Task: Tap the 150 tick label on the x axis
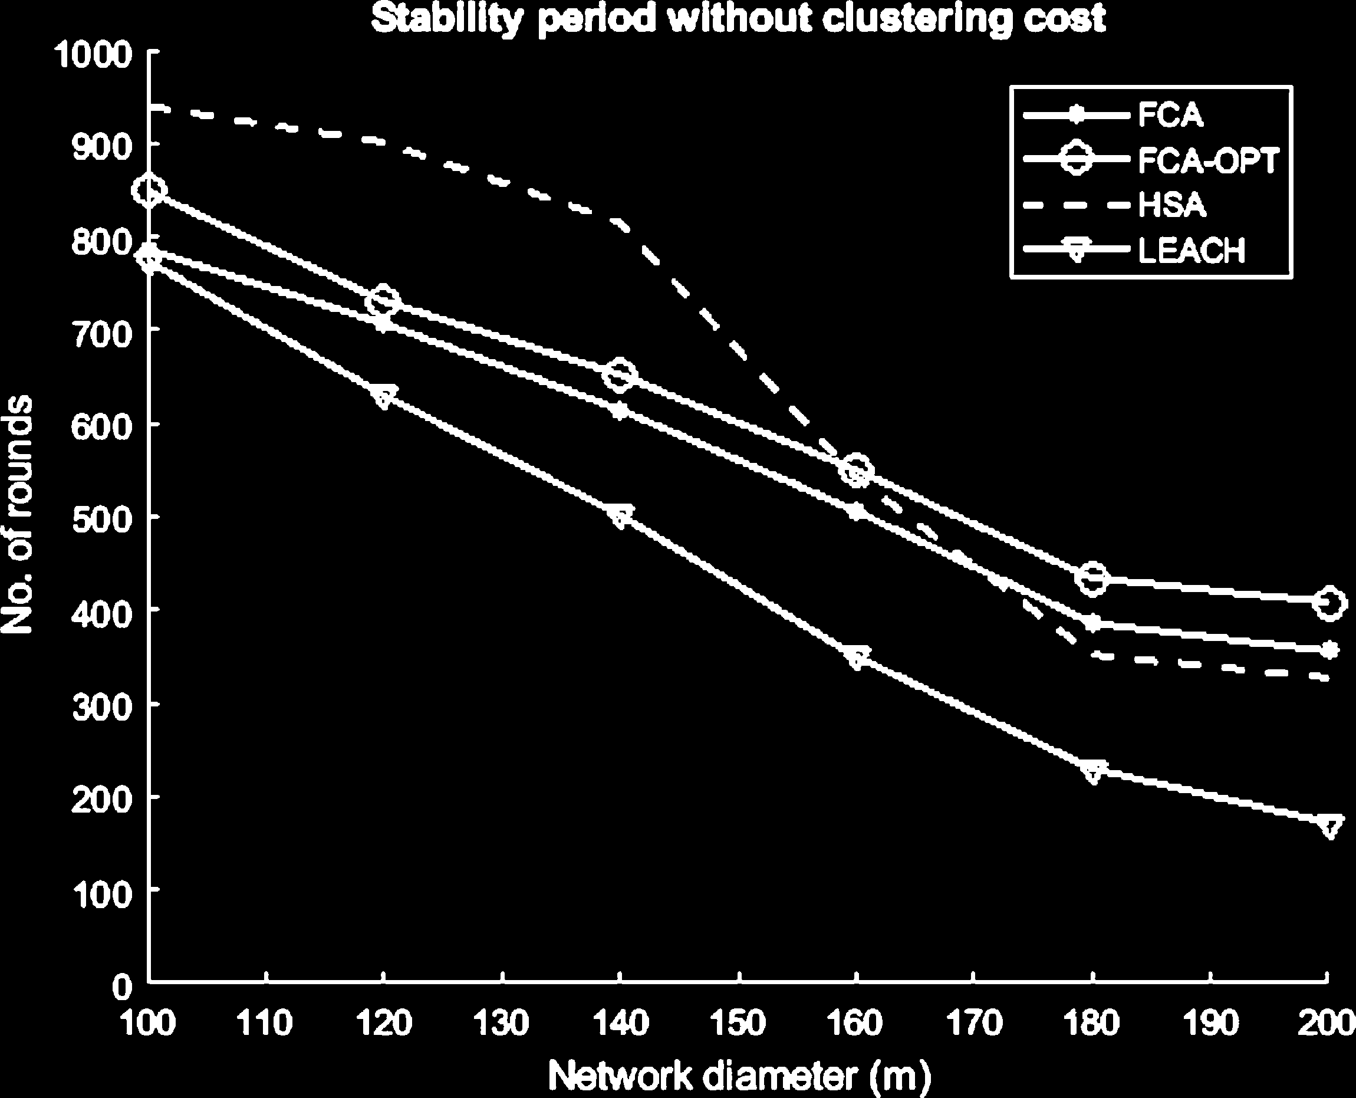(739, 1023)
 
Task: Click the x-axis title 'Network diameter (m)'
(739, 1075)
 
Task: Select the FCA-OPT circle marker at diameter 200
(1329, 603)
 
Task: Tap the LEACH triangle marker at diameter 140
(620, 517)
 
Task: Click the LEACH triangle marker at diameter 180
(1093, 771)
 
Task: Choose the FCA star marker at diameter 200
(1329, 650)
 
